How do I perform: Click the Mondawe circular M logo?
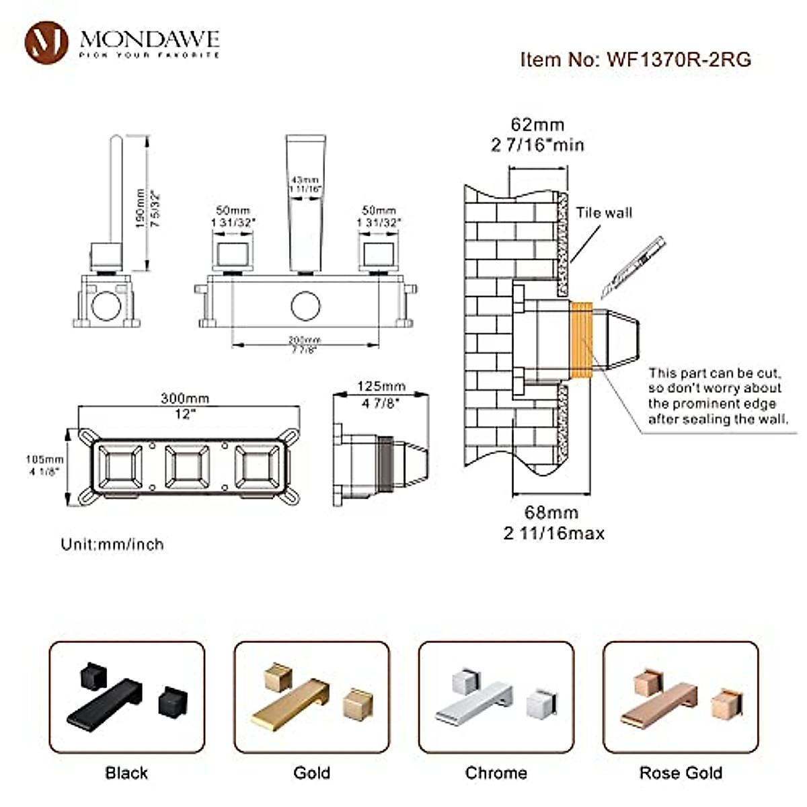tap(46, 42)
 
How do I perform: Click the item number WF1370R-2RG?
tap(636, 59)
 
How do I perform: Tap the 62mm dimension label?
tap(537, 124)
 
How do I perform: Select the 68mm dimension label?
tap(551, 512)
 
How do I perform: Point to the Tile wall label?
tap(603, 213)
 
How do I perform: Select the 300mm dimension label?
tap(185, 398)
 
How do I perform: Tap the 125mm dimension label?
tap(381, 387)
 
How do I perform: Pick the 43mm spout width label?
tap(305, 180)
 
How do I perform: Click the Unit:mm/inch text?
tap(112, 544)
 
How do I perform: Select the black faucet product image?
tap(126, 697)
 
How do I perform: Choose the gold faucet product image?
tap(311, 697)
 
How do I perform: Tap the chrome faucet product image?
tap(496, 697)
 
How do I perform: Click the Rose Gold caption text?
tap(681, 773)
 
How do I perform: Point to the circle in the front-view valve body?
tap(305, 305)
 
